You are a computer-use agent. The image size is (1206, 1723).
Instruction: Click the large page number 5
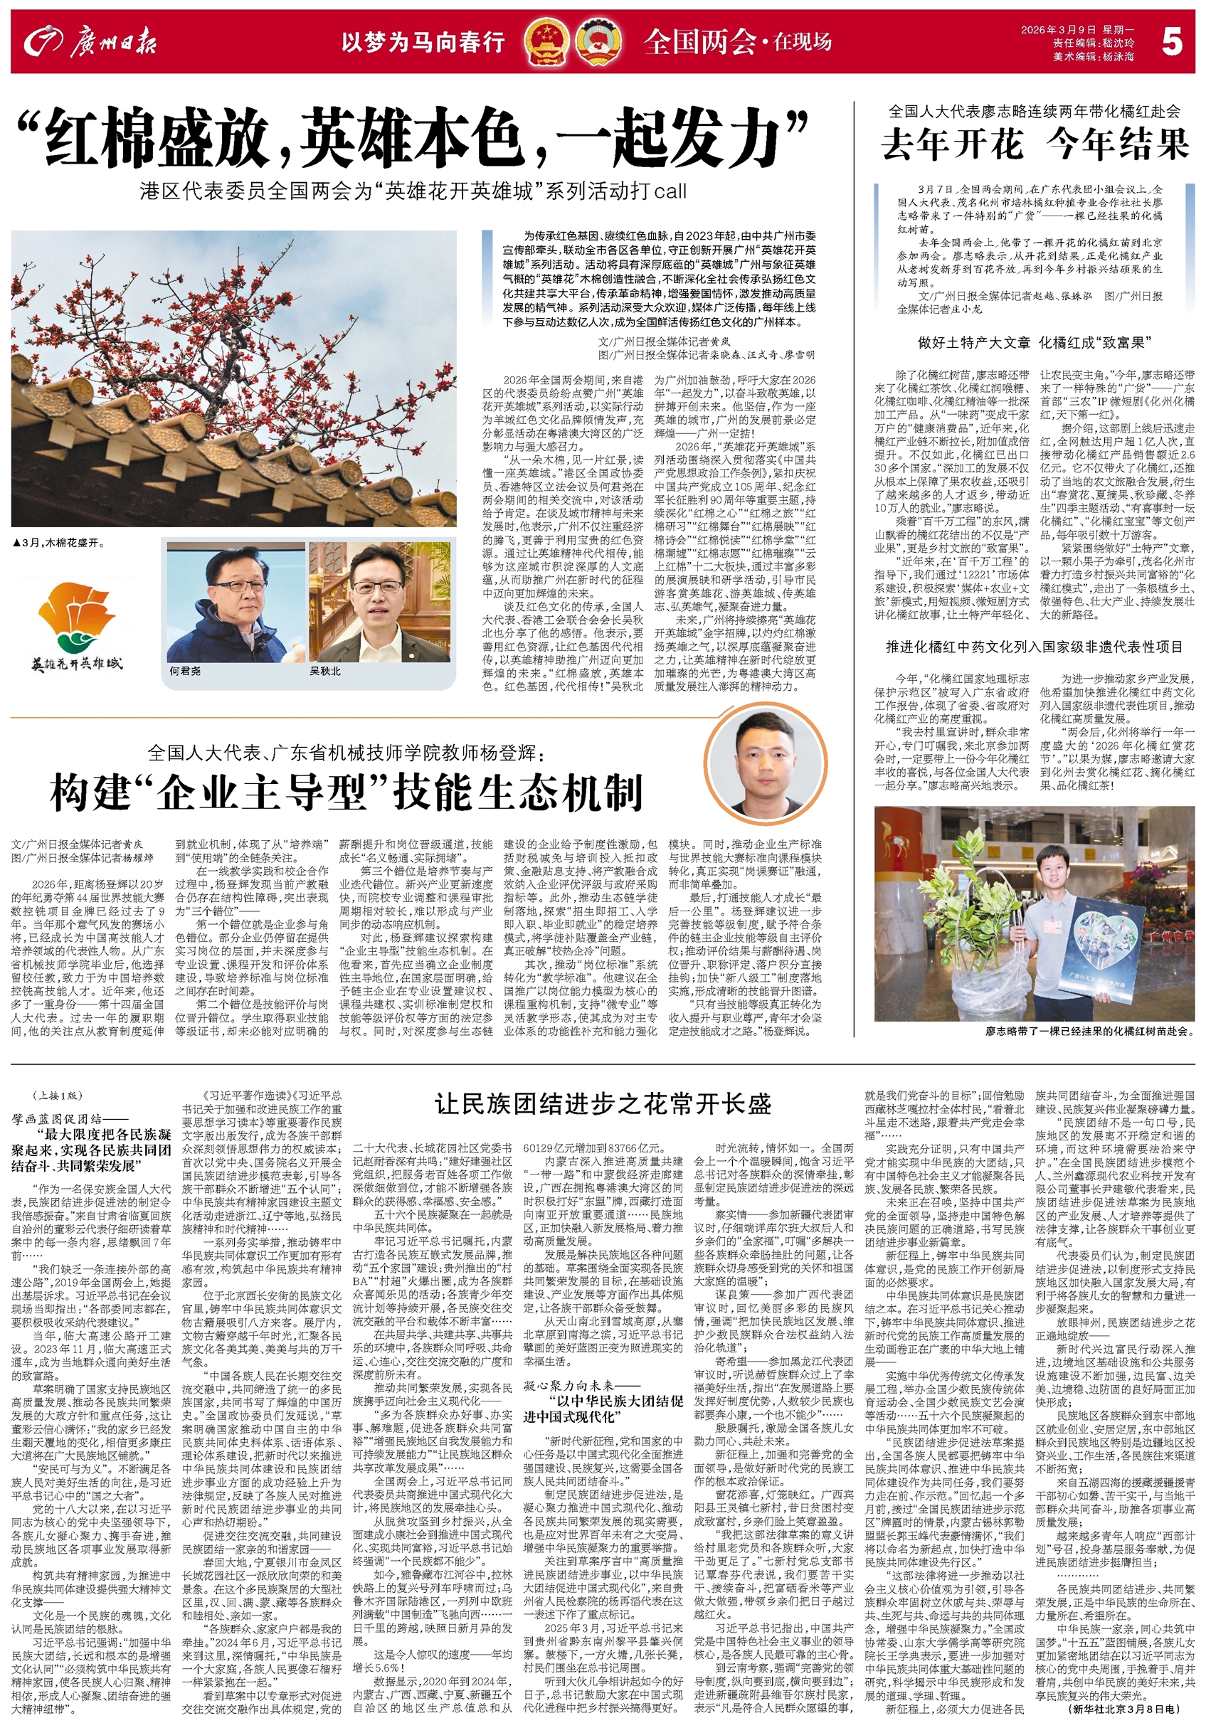click(1171, 42)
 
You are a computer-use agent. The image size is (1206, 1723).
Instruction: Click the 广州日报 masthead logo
click(90, 43)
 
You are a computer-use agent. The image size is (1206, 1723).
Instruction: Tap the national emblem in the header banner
click(546, 43)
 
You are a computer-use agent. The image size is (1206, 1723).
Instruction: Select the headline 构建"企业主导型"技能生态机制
click(346, 792)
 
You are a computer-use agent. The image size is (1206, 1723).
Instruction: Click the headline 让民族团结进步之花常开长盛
click(603, 1104)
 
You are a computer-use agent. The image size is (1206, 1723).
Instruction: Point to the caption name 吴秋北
click(325, 671)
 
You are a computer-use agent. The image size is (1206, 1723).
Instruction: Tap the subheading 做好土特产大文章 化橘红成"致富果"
click(1034, 343)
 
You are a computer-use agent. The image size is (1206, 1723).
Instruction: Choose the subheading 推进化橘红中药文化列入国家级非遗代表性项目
click(1034, 647)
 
